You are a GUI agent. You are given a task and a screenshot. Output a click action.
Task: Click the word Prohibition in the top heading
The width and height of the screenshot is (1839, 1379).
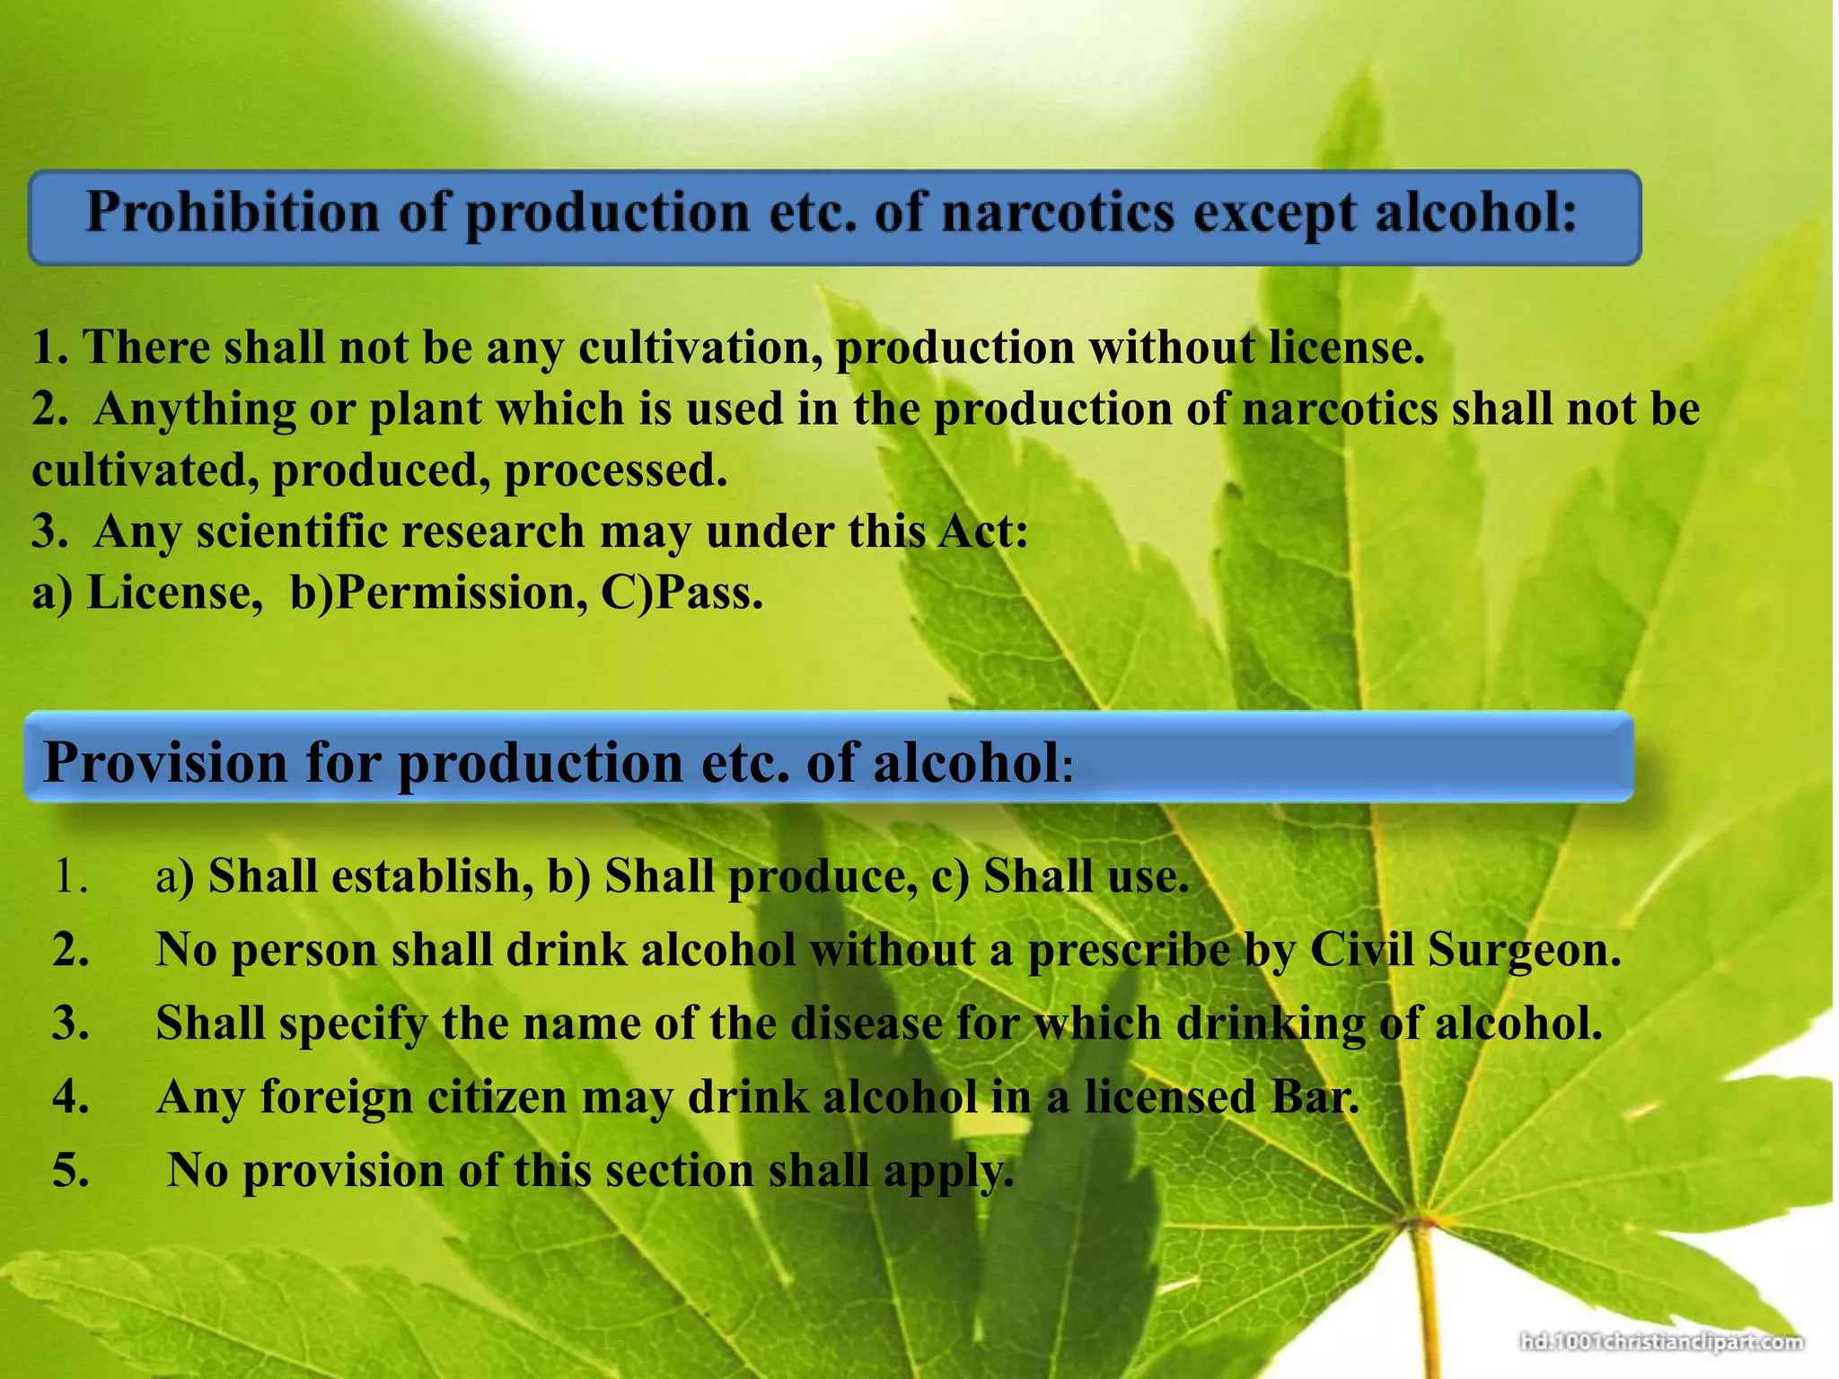[233, 214]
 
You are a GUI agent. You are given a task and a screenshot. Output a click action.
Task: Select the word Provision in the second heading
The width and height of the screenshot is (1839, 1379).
[166, 763]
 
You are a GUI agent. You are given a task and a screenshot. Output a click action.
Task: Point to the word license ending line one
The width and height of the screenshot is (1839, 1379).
[1346, 347]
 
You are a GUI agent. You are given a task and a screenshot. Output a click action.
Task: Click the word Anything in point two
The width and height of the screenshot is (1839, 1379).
[195, 409]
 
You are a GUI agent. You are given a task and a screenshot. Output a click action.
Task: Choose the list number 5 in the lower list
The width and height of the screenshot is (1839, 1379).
[71, 1171]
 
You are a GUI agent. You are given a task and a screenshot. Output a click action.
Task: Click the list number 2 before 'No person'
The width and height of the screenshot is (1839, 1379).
[71, 950]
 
